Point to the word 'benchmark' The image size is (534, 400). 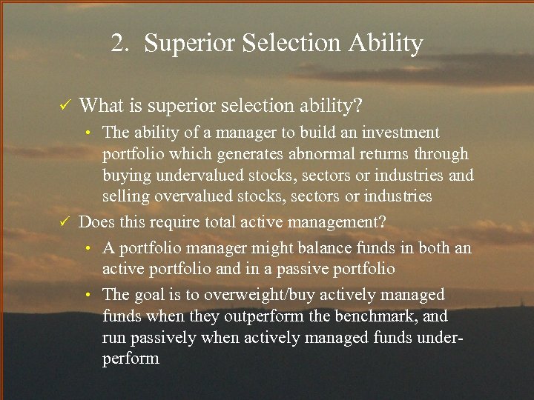point(377,316)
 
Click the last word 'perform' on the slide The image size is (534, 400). point(131,359)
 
